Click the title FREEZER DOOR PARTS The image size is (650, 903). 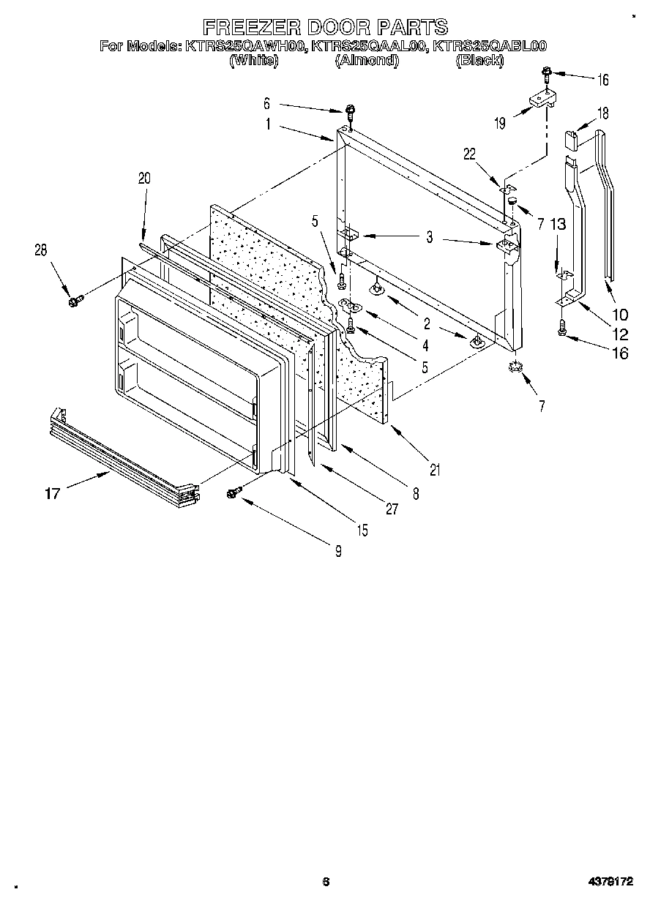pos(324,28)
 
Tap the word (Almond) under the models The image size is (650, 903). pos(366,61)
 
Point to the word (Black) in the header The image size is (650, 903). pos(479,61)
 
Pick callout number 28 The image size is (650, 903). pos(40,250)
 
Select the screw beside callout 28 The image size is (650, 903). pos(73,300)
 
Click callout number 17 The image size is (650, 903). pos(52,493)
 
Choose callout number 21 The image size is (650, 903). pos(435,471)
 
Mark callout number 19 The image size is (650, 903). pos(499,124)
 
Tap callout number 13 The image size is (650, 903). pos(558,225)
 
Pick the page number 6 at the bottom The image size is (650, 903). pos(326,882)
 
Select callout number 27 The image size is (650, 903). pos(392,509)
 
